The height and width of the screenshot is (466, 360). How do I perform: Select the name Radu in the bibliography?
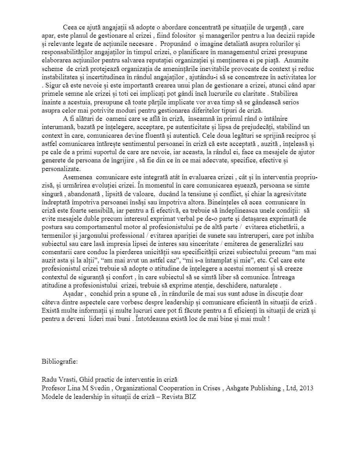(49, 380)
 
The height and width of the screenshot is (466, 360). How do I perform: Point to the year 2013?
(306, 388)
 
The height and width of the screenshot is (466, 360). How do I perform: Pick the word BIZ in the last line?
(189, 397)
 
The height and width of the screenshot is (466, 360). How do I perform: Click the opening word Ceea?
(70, 27)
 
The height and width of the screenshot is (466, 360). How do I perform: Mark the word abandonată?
(84, 194)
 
